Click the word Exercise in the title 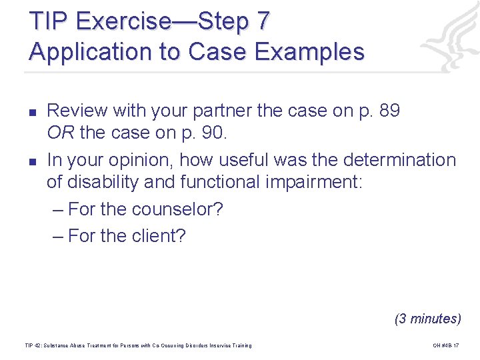pos(124,21)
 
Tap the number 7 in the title pos(263,21)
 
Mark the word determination pos(399,160)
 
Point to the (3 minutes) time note pos(427,318)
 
